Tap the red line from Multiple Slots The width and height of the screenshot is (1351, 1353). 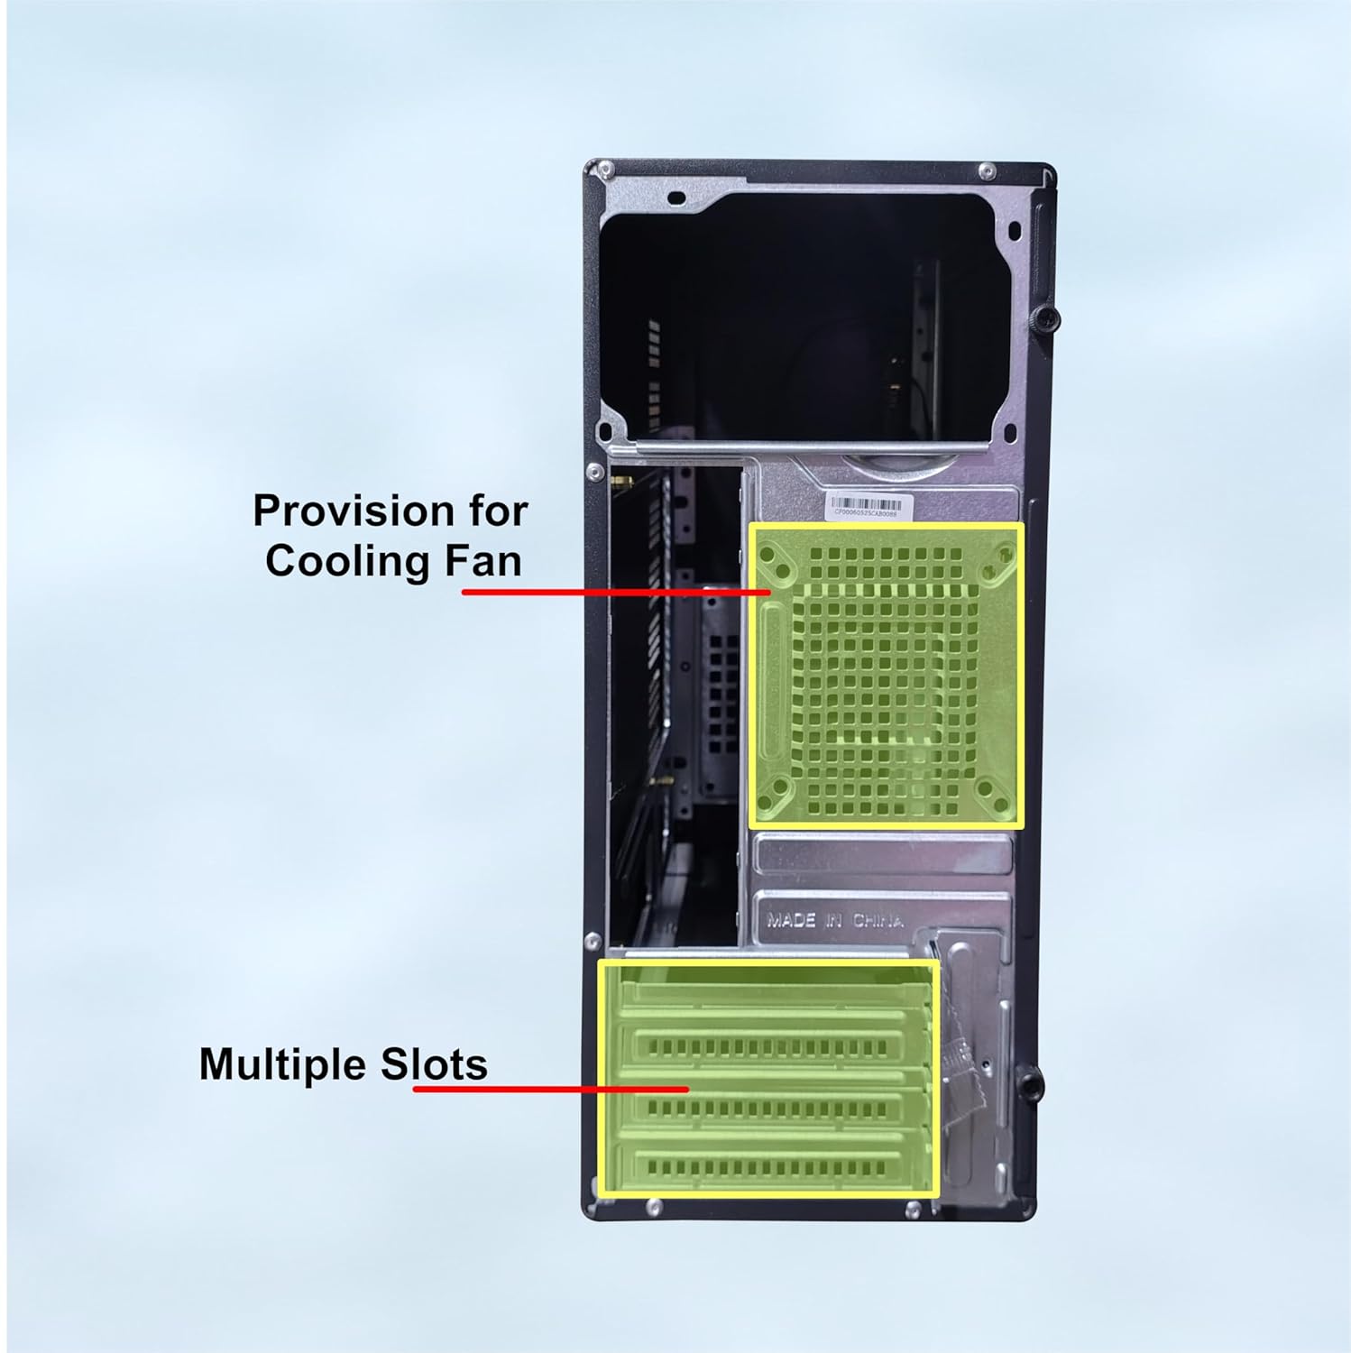click(x=550, y=1090)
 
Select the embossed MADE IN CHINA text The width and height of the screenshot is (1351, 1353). click(x=834, y=921)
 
